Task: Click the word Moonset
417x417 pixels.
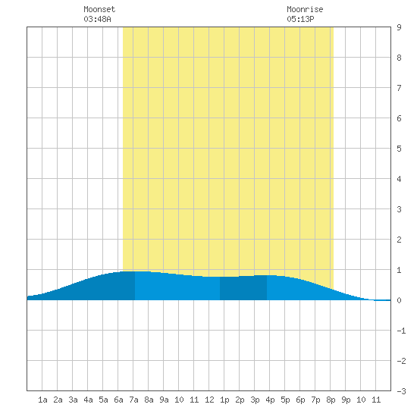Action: tap(99, 9)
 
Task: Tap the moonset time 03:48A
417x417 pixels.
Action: tap(97, 19)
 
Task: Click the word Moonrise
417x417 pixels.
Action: tap(305, 9)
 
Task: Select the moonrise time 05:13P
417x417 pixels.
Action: tap(300, 19)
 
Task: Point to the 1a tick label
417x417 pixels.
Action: tap(42, 400)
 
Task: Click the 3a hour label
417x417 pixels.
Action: tap(73, 400)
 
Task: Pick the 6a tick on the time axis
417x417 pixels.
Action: tap(118, 400)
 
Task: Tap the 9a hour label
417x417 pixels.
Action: tap(164, 400)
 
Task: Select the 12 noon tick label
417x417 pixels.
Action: tap(209, 400)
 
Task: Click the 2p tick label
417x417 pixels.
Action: tap(240, 400)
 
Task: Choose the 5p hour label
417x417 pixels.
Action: tap(285, 400)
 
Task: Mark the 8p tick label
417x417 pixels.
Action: tap(331, 400)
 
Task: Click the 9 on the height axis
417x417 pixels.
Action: tap(399, 27)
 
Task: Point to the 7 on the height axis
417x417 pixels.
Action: tap(399, 88)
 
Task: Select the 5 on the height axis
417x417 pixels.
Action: tap(399, 149)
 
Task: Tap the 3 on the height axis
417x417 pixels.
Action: tap(399, 209)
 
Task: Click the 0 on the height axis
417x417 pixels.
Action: tap(399, 300)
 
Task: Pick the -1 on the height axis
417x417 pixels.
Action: tap(401, 331)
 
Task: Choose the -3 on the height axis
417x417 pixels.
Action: tap(401, 391)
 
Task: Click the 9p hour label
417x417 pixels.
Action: tap(346, 400)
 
